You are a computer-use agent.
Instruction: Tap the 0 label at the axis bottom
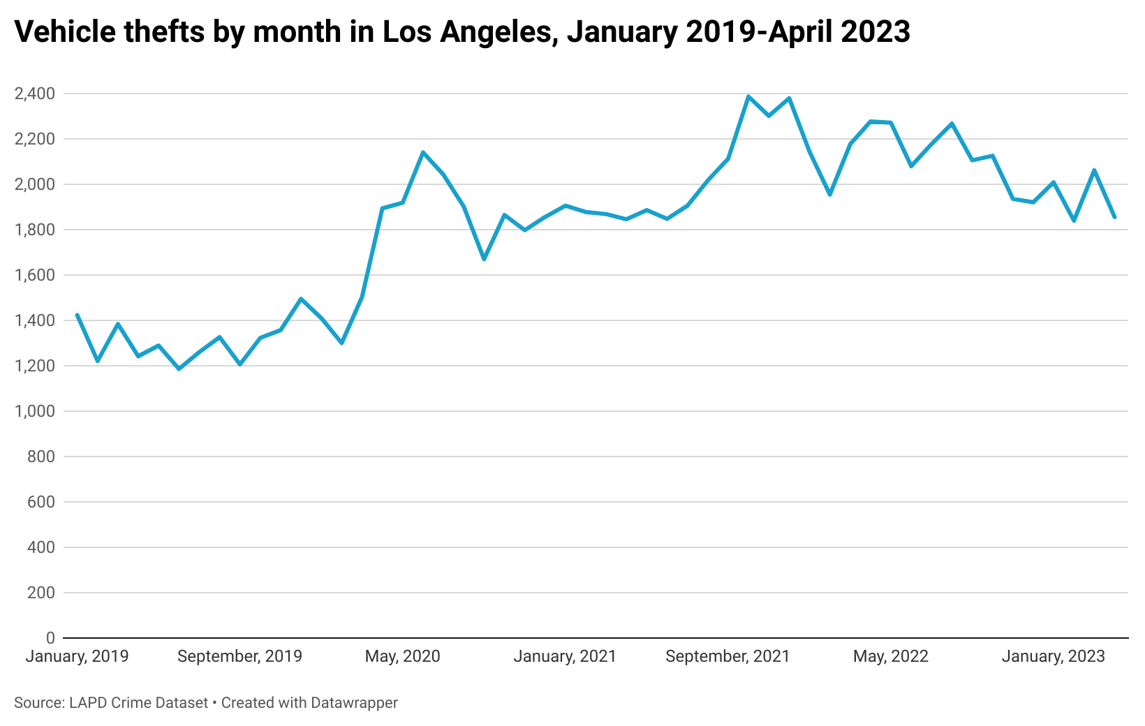coord(50,638)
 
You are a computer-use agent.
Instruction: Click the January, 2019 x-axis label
coord(77,657)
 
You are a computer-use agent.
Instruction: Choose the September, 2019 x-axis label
coord(239,657)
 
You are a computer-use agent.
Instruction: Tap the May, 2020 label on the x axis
coord(403,657)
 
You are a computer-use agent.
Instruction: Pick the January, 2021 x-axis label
coord(565,657)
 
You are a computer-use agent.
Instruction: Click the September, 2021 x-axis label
coord(727,657)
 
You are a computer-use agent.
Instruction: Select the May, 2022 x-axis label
coord(891,657)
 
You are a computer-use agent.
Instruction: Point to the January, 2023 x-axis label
coord(1054,657)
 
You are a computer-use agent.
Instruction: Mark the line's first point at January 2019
coord(77,315)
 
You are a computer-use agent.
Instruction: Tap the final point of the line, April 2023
coord(1114,217)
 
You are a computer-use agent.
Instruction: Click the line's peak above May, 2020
coord(423,152)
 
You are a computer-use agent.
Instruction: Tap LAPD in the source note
coord(87,703)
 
